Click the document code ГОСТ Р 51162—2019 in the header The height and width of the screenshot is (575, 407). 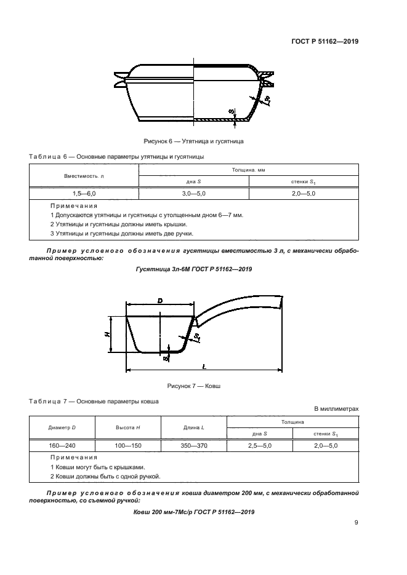click(324, 42)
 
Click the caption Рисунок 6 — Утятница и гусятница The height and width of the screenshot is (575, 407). click(193, 141)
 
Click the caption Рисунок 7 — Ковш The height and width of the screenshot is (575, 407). click(193, 386)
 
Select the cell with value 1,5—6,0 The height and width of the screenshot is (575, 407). click(84, 193)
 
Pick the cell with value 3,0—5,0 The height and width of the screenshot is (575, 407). click(194, 193)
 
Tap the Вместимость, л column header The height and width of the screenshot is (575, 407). click(84, 175)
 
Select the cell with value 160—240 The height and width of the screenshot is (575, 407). click(62, 445)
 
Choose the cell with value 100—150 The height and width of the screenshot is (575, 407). click(128, 445)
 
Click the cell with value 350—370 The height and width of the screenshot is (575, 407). click(193, 445)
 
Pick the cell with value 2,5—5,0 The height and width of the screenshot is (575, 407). click(260, 445)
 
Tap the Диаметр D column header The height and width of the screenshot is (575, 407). click(62, 427)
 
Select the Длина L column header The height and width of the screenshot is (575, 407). click(193, 427)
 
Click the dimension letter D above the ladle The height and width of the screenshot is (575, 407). click(159, 300)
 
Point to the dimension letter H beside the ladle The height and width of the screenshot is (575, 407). click(107, 334)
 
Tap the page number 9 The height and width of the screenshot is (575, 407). click(356, 523)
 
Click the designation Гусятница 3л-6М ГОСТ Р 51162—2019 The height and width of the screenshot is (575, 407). click(193, 269)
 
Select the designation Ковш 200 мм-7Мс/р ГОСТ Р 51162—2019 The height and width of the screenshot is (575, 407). click(193, 512)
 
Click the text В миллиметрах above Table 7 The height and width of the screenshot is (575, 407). click(336, 408)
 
